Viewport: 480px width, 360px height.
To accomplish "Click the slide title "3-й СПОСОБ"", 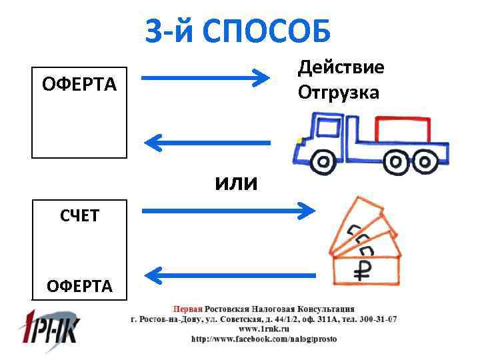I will coord(239,30).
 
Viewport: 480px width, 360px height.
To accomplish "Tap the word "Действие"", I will coord(341,68).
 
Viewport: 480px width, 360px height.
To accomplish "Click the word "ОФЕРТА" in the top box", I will coord(79,85).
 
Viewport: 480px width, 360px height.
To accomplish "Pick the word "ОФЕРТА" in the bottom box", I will coord(79,286).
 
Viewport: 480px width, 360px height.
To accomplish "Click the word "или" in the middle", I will coord(235,182).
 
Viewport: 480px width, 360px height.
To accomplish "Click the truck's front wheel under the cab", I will coord(323,161).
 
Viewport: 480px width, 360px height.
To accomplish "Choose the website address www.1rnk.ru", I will coord(263,329).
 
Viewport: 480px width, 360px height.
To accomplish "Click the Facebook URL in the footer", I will coord(264,339).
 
